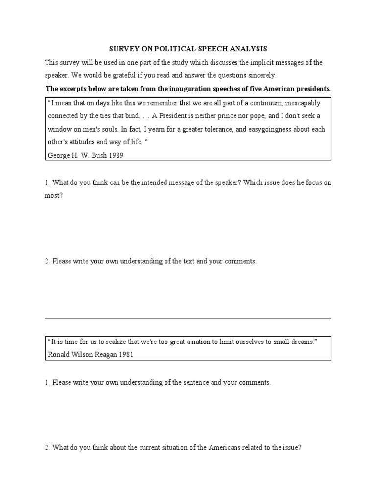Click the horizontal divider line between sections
[188, 319]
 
